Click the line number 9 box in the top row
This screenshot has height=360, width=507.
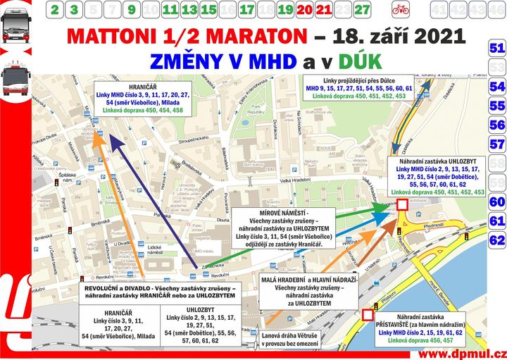coord(132,10)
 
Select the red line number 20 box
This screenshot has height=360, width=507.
coord(305,10)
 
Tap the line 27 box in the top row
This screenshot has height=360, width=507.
coord(362,10)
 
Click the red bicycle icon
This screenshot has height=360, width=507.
coord(401,10)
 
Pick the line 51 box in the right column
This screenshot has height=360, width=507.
coord(497,49)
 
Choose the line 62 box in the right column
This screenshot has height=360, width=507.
coord(497,240)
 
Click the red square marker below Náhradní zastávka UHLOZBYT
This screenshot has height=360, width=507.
coord(401,205)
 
